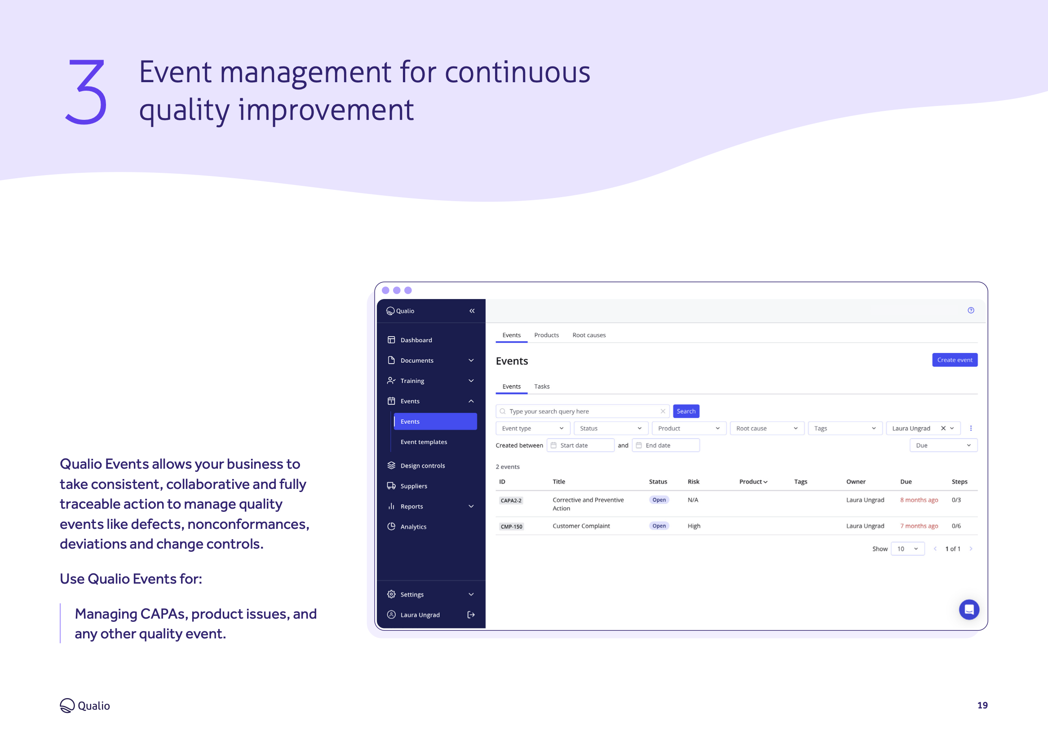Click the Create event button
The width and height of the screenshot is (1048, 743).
(x=954, y=360)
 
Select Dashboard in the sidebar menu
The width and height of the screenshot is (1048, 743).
(x=416, y=340)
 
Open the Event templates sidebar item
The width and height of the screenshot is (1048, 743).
(x=423, y=442)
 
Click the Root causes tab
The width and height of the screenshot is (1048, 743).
(x=588, y=335)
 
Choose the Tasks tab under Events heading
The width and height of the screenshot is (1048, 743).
(x=541, y=386)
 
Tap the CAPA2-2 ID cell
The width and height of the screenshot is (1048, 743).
(x=511, y=500)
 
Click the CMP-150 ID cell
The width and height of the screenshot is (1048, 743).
(x=511, y=526)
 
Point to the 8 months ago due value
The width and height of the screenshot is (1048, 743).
(x=919, y=500)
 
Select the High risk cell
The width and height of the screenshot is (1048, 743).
(x=694, y=526)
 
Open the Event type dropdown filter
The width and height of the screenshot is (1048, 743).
(x=533, y=428)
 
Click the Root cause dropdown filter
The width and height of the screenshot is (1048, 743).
(x=766, y=428)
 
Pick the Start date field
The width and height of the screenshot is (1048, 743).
(x=580, y=445)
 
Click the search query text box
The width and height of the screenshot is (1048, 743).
(x=582, y=411)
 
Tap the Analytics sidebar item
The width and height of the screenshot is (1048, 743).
(x=413, y=527)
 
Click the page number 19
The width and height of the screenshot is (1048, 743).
(x=982, y=705)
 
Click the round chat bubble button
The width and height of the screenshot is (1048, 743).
(x=969, y=609)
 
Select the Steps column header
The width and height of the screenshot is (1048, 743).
(x=959, y=481)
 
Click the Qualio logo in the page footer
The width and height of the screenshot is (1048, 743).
(x=84, y=705)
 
